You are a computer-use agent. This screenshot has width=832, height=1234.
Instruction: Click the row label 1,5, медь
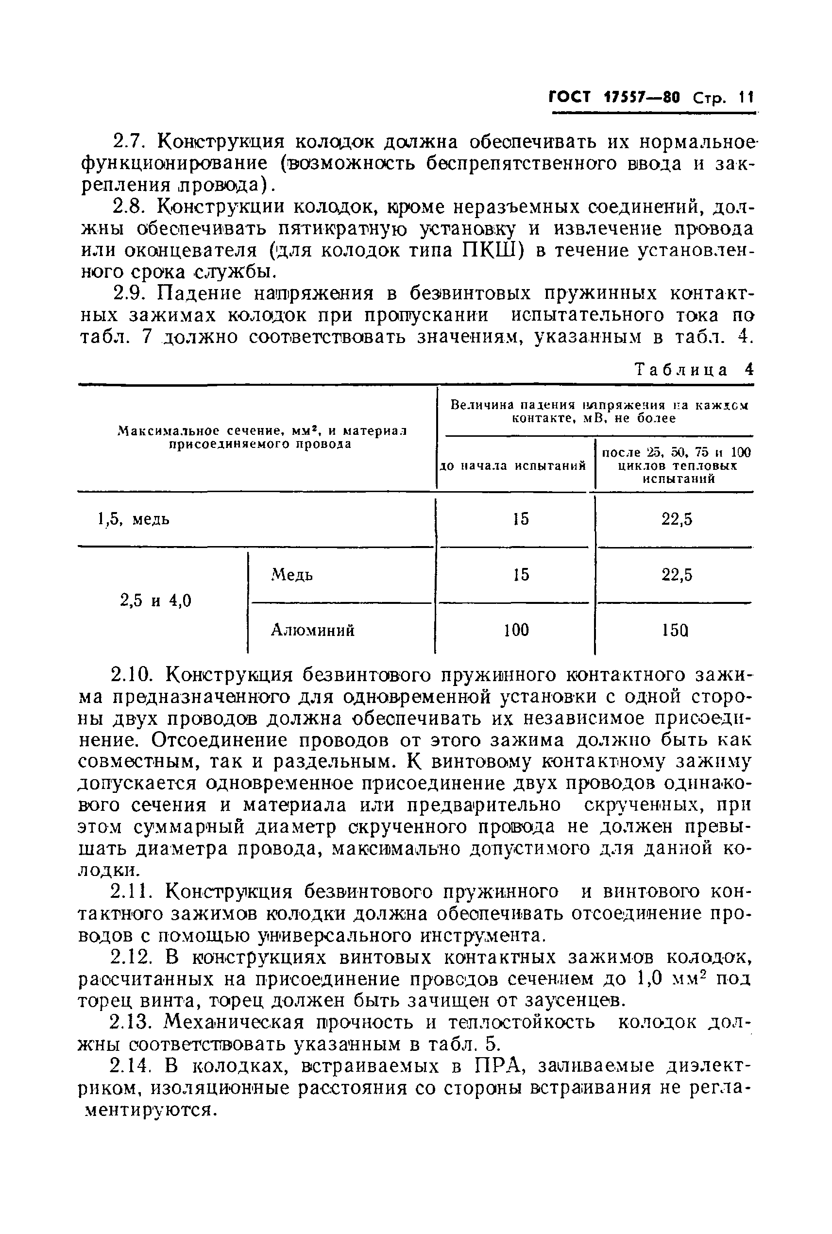click(134, 519)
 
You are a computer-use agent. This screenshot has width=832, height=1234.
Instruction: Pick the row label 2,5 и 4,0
click(155, 601)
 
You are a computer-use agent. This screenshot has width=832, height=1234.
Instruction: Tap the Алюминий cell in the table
click(312, 631)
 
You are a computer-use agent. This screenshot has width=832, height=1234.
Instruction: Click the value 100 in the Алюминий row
click(516, 631)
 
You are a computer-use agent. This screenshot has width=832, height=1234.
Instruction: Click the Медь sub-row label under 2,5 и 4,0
click(292, 575)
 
